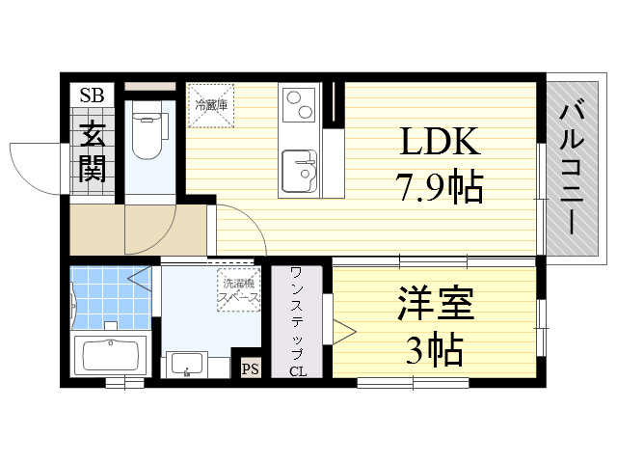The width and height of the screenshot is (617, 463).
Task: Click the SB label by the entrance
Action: (93, 95)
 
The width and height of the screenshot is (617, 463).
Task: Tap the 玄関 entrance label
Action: (93, 152)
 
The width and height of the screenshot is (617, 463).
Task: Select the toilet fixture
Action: (148, 130)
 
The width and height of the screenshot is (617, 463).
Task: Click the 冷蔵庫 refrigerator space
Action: (211, 105)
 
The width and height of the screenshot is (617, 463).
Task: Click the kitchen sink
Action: (300, 172)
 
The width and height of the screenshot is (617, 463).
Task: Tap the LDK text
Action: (440, 142)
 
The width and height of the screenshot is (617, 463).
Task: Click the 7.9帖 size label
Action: (441, 186)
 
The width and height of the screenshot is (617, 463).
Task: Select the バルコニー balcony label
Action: (572, 167)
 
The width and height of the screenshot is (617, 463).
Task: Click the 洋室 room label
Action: (435, 304)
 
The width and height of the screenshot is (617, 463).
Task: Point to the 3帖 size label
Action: (434, 349)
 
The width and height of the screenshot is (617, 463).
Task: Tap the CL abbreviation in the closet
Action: (298, 371)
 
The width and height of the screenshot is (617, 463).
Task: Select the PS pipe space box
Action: (251, 369)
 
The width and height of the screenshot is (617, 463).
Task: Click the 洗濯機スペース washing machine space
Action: (239, 289)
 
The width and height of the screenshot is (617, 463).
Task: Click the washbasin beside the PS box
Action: (184, 365)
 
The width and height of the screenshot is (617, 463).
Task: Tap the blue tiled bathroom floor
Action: (111, 298)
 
